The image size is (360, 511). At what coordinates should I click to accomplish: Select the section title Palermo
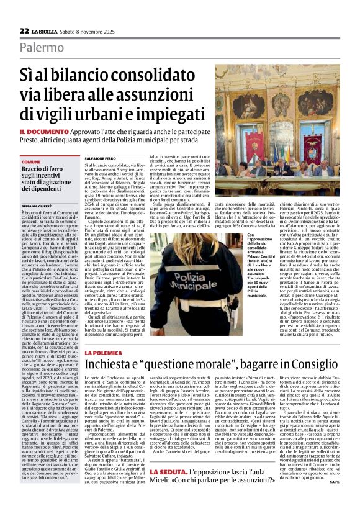(41, 47)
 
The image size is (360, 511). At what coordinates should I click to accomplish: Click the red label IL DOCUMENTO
(43, 132)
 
